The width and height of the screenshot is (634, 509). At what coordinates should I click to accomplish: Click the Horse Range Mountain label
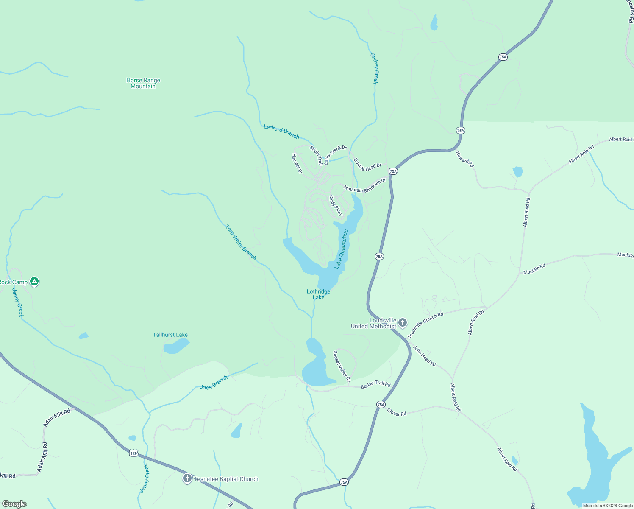point(143,83)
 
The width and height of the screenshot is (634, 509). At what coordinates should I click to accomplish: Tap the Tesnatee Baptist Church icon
point(187,479)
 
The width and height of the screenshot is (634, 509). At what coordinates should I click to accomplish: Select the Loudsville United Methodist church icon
point(403,323)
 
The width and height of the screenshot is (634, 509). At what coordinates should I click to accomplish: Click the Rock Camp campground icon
point(35,282)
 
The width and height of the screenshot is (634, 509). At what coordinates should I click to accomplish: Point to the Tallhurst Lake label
point(170,335)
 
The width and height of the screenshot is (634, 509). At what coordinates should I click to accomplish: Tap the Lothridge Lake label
point(319,294)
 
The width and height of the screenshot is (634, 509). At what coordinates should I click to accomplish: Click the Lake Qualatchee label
point(341,249)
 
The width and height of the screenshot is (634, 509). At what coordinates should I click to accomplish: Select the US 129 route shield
point(133,453)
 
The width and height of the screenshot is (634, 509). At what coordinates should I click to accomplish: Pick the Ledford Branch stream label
point(281,131)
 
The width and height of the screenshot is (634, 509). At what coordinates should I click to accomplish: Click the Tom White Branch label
point(241,243)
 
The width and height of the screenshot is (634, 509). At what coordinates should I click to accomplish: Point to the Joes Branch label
point(214,383)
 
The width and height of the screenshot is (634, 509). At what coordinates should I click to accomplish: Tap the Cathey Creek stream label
point(374,68)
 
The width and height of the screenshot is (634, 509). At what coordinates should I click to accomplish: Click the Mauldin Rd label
point(534,269)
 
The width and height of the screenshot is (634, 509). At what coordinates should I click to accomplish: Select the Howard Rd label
point(465,159)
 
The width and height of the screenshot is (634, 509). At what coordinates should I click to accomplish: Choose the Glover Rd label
point(397,413)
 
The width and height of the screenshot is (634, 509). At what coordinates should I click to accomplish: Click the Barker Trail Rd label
point(375,385)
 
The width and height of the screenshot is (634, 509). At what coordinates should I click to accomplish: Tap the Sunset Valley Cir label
point(342,366)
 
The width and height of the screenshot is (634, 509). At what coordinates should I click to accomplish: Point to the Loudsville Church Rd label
point(425,325)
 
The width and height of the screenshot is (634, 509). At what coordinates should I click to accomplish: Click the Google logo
point(14,504)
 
